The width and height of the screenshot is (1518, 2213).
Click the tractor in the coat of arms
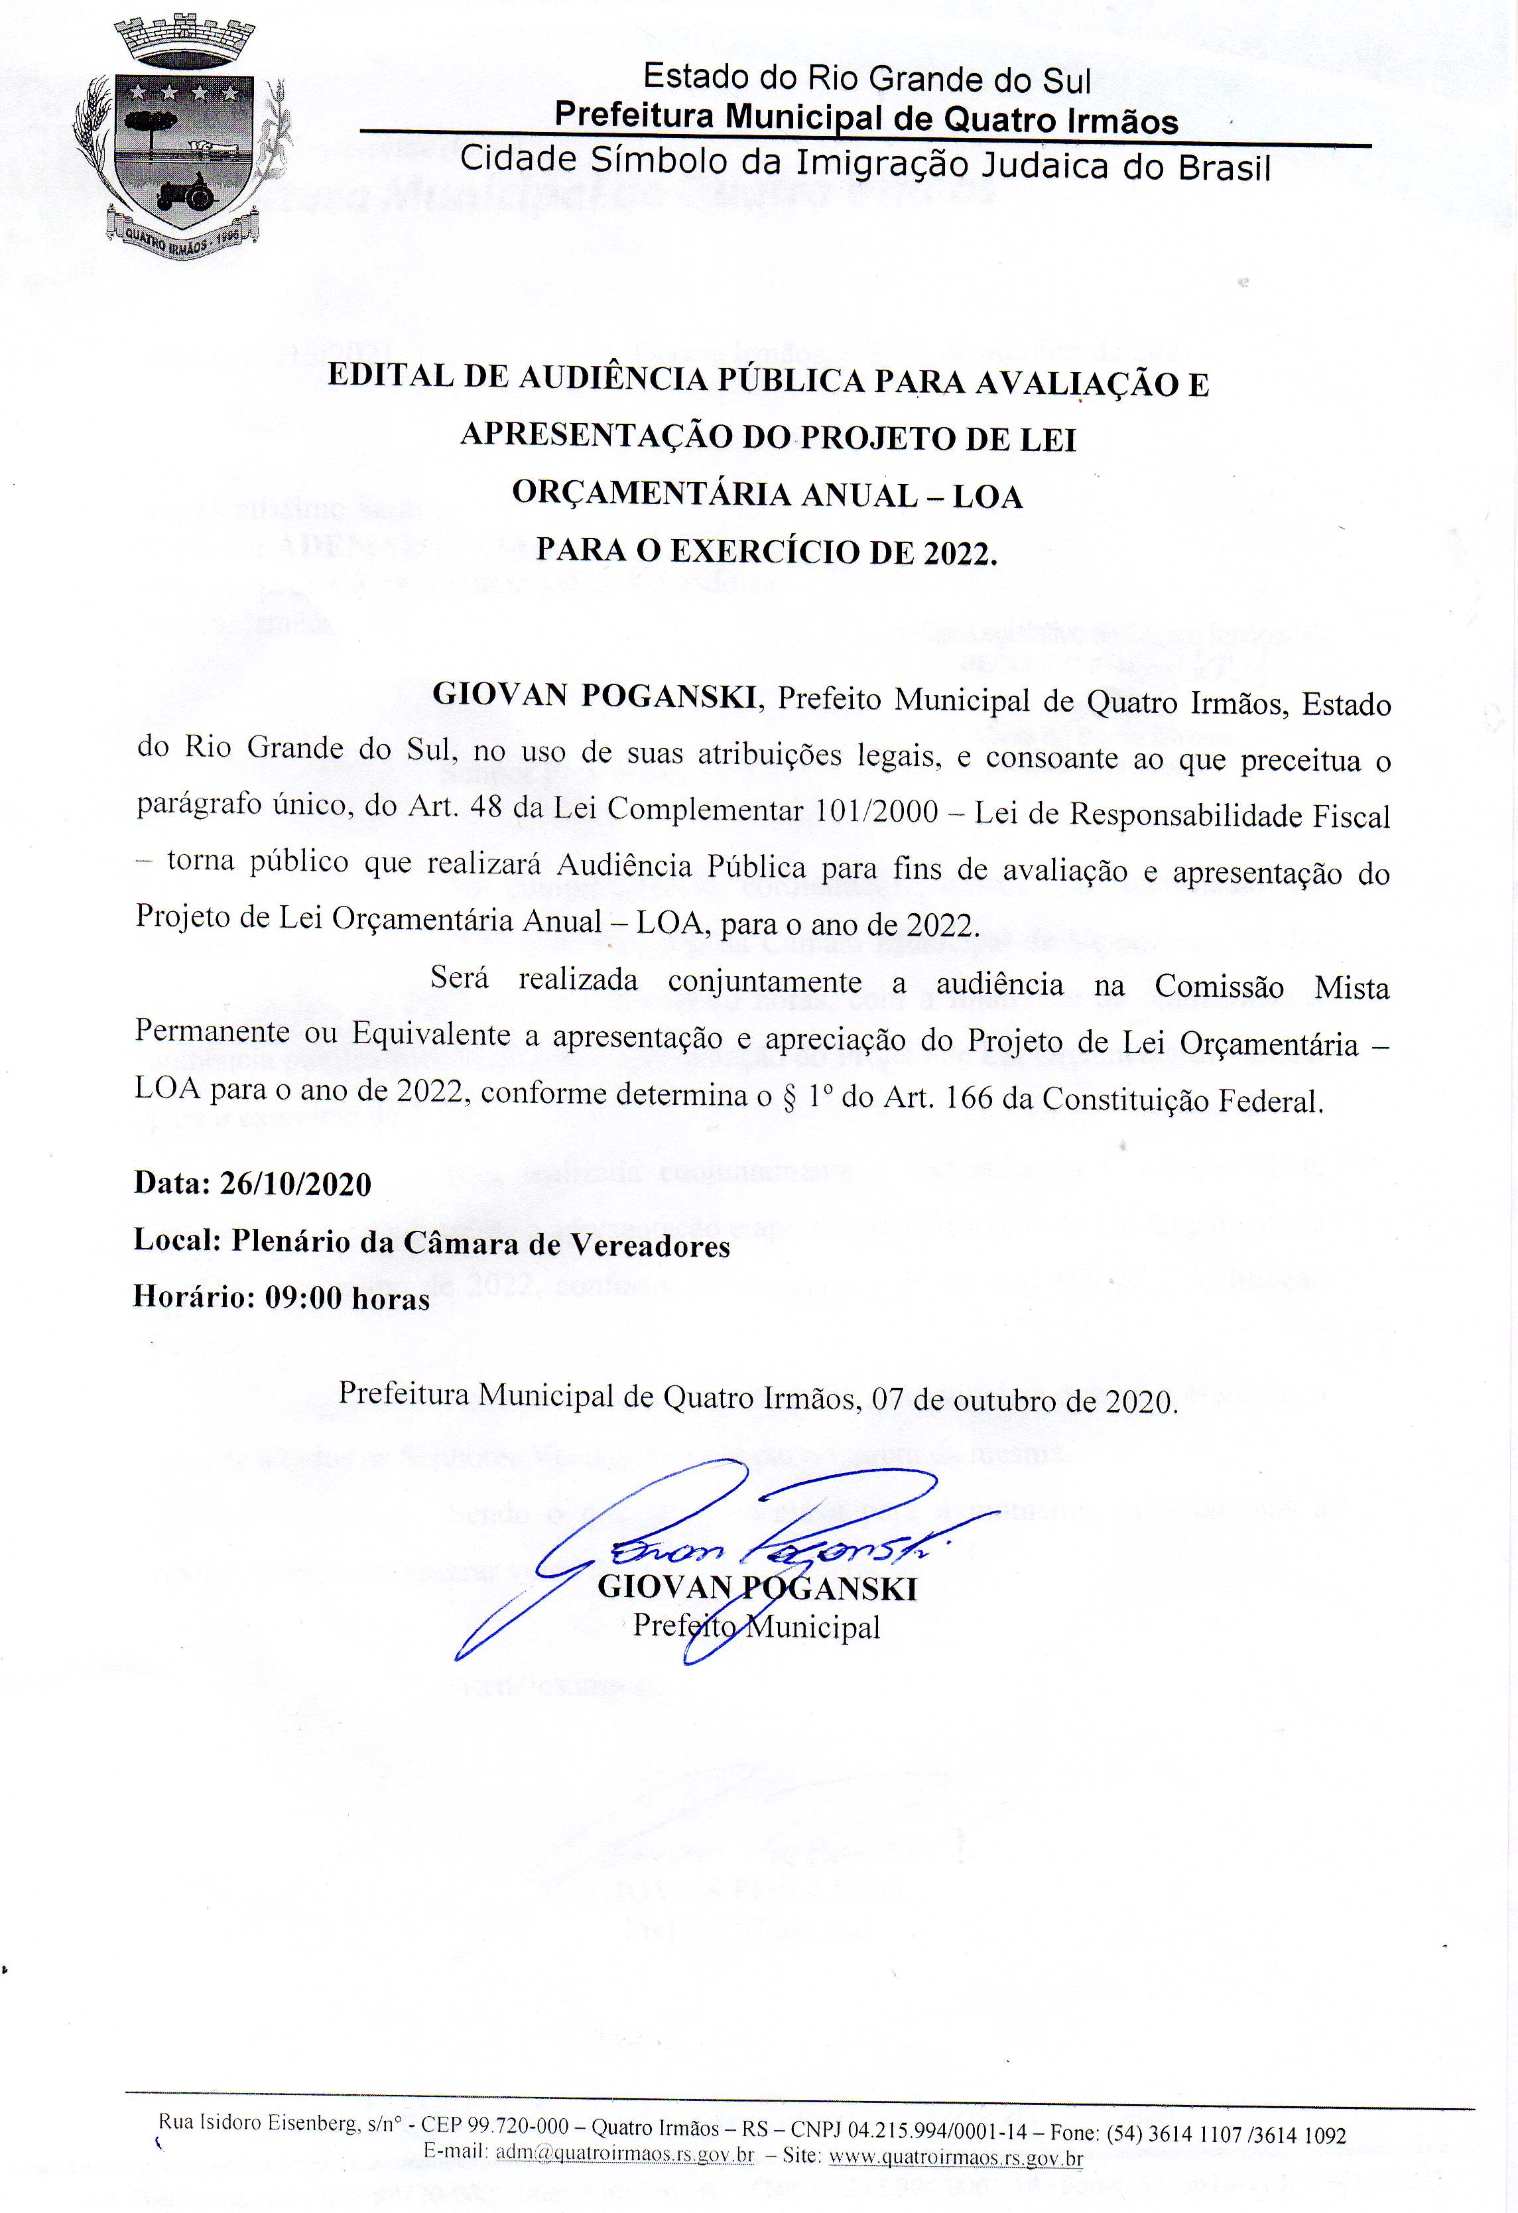pos(186,193)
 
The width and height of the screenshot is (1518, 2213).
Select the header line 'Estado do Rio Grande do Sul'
pos(867,78)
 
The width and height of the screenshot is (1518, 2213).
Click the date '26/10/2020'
pos(295,1184)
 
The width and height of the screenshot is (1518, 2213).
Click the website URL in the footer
pos(956,2157)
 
